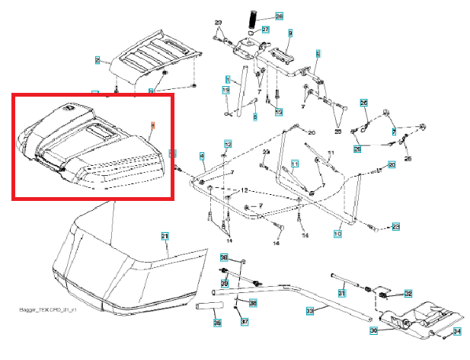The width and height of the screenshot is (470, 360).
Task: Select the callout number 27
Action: [x=265, y=30]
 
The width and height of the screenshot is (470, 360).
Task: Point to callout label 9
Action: [x=290, y=33]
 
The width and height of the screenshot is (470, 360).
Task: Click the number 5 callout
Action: [x=318, y=53]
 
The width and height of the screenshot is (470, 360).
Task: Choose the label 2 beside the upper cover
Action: [x=98, y=59]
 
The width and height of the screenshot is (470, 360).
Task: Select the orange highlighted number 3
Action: [x=152, y=124]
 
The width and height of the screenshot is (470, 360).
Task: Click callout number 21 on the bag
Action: [x=165, y=236]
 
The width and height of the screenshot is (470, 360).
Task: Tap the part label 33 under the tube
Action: [x=309, y=311]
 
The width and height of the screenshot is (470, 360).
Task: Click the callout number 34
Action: [x=457, y=331]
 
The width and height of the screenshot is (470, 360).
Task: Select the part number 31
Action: [x=342, y=294]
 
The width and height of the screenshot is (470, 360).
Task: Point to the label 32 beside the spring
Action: [x=408, y=293]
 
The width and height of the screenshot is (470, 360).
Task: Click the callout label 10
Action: [x=337, y=234]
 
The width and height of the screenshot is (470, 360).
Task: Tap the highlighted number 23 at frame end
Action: [x=396, y=227]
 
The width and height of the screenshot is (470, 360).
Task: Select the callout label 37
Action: [x=245, y=322]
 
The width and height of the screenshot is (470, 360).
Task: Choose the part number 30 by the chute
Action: [x=374, y=330]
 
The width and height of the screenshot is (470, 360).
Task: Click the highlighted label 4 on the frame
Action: [x=202, y=157]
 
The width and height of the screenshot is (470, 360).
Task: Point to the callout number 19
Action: [x=226, y=91]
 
